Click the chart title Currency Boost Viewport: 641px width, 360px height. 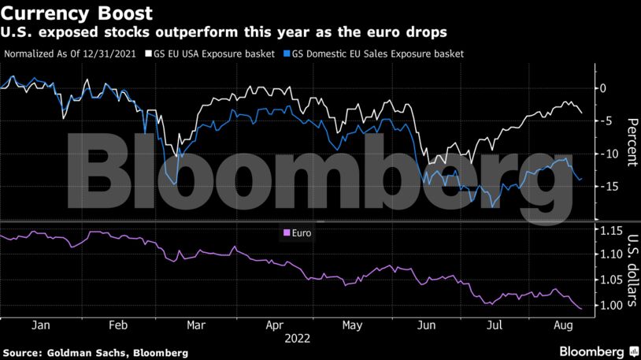77,13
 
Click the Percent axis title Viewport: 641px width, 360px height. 631,142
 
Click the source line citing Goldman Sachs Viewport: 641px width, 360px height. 95,351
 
